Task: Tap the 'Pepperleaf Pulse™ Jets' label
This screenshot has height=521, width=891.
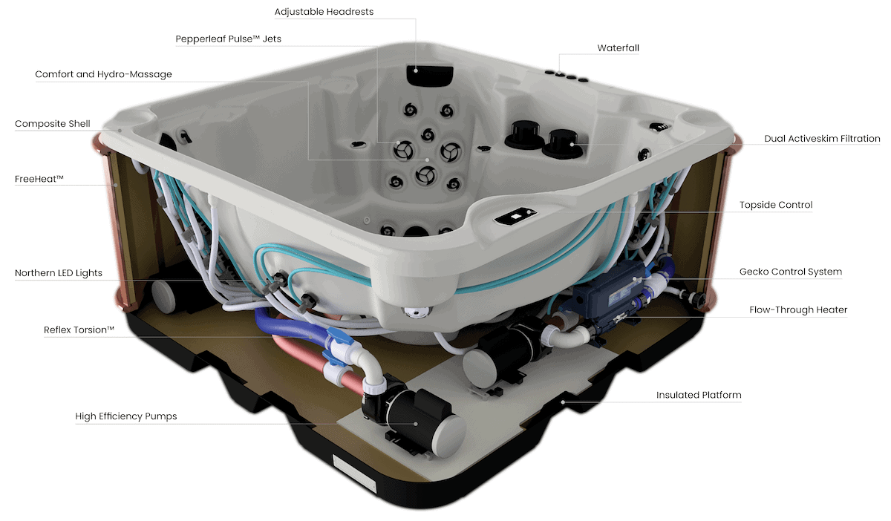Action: (x=229, y=39)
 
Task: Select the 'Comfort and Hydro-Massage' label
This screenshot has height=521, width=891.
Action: (x=103, y=74)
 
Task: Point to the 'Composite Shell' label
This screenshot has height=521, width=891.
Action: (x=53, y=124)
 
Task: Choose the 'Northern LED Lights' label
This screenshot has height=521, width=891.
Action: (x=59, y=273)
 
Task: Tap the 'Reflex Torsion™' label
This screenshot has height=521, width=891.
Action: (x=79, y=329)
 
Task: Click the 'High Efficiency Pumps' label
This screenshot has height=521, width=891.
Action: (x=126, y=416)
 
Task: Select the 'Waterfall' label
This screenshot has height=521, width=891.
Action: (x=618, y=48)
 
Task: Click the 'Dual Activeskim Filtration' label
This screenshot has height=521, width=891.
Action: (x=822, y=139)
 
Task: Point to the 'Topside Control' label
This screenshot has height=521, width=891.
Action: (x=776, y=205)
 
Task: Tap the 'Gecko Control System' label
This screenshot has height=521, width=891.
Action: (x=791, y=272)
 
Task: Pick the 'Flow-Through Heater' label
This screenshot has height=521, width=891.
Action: (x=798, y=309)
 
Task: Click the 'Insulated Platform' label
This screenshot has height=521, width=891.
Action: (x=699, y=395)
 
